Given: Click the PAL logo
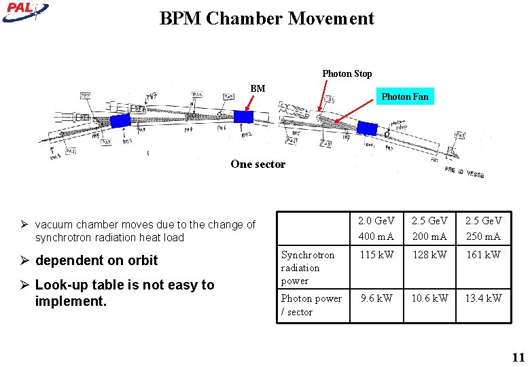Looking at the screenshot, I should (x=24, y=11).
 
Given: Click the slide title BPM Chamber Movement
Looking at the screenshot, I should (x=266, y=18).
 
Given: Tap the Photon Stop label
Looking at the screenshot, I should (x=347, y=73).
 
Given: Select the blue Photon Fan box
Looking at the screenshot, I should (x=405, y=97).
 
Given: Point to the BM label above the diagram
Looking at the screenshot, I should (x=258, y=88).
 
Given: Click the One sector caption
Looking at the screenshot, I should (x=258, y=164).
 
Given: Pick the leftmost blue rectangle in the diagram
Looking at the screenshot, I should (x=120, y=120).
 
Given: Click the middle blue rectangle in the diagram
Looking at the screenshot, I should (x=243, y=117).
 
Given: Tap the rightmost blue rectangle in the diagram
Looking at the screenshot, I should (x=367, y=128).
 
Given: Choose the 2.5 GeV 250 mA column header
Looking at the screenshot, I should (x=483, y=228).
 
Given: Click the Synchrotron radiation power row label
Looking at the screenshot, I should (x=308, y=267).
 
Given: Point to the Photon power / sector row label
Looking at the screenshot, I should (x=306, y=304).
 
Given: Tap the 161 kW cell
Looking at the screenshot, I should (x=483, y=255).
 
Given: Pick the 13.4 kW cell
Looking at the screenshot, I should (x=483, y=298).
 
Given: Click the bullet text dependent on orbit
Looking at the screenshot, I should (x=96, y=260).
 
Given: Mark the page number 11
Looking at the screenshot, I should (x=518, y=357).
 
